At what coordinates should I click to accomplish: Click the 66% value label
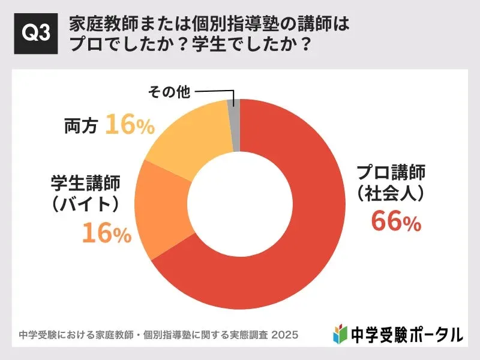click(x=396, y=221)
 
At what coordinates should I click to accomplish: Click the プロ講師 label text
click(x=391, y=173)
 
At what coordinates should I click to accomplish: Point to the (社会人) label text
click(x=391, y=193)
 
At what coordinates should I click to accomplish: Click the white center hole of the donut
click(x=239, y=204)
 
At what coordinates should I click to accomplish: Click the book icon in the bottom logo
click(x=340, y=333)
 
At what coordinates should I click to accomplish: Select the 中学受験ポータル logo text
click(x=406, y=333)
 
